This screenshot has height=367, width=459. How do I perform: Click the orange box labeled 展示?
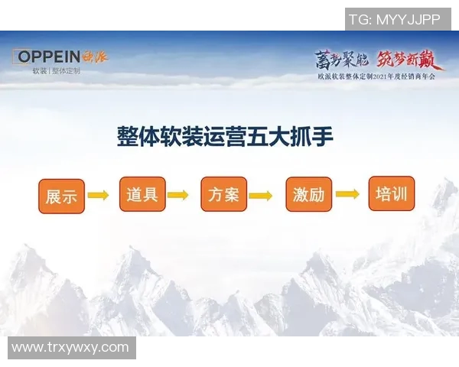tap(60, 196)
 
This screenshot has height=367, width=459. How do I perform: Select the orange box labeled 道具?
tap(142, 194)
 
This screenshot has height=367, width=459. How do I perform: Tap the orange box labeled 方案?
tap(223, 194)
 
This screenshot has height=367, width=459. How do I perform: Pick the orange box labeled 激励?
tap(308, 195)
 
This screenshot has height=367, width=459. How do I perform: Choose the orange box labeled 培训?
tap(391, 193)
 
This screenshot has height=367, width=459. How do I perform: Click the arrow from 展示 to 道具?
tap(98, 196)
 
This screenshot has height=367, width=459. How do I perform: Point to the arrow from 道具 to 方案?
tap(178, 195)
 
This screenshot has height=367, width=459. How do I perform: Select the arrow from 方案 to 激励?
tap(260, 196)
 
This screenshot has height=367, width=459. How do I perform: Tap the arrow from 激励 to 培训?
tap(347, 193)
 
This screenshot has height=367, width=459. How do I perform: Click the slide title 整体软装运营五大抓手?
tap(225, 137)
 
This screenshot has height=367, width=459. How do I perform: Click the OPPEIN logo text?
tap(53, 57)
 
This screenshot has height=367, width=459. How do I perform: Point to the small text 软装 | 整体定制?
tap(56, 71)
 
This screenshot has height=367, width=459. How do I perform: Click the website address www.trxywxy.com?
tap(70, 347)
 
